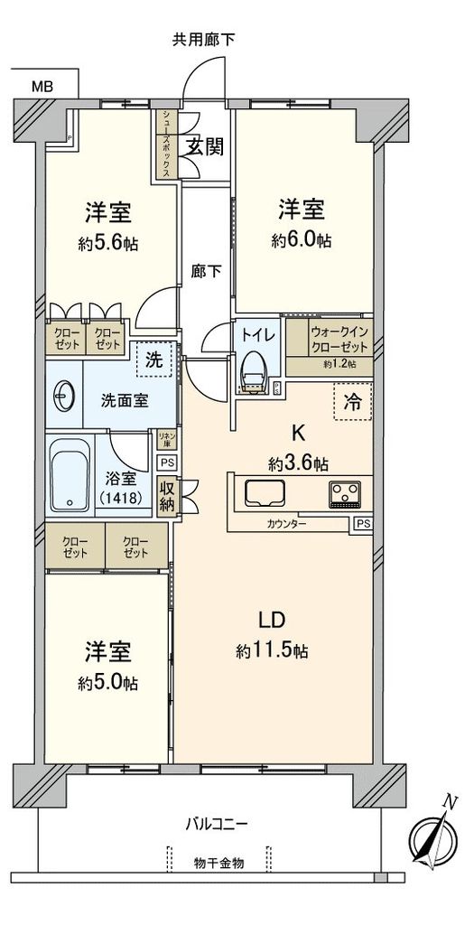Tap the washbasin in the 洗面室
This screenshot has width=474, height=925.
(x=64, y=395)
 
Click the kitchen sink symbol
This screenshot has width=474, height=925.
(x=265, y=494)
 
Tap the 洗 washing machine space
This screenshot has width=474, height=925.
(x=155, y=360)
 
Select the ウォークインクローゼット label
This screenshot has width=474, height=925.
(x=339, y=340)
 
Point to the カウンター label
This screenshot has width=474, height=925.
(x=287, y=524)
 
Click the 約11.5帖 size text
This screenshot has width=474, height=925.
(x=273, y=650)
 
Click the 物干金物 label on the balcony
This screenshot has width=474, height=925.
(x=218, y=863)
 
